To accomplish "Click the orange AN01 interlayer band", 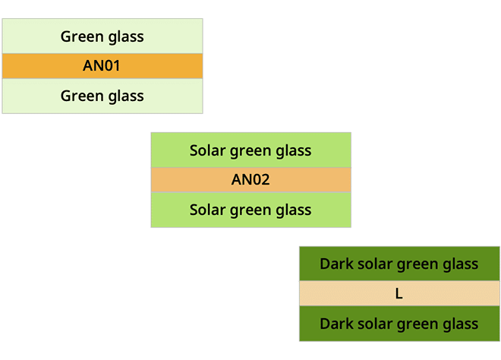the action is click(x=102, y=66).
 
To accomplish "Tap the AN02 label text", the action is click(x=250, y=180).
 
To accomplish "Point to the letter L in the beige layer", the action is click(x=399, y=293).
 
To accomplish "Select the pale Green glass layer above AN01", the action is click(x=102, y=36).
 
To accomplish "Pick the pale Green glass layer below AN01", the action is click(x=102, y=96).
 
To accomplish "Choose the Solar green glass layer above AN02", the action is click(x=250, y=150).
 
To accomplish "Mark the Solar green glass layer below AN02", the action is click(x=250, y=210).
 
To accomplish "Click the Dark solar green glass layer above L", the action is click(x=399, y=264).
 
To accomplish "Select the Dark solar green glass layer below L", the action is click(x=399, y=324).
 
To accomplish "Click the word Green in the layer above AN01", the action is click(x=83, y=36).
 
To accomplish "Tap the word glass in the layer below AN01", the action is click(x=126, y=97).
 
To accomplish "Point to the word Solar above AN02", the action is click(x=208, y=150).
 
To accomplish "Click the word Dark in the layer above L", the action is click(x=336, y=264).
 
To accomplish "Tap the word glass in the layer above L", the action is click(x=461, y=265).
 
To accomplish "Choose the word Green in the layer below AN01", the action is click(x=83, y=96).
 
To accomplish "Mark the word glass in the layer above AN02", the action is click(x=293, y=151).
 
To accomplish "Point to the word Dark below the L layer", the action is click(x=336, y=324).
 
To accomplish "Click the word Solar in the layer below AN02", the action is click(x=208, y=210).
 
